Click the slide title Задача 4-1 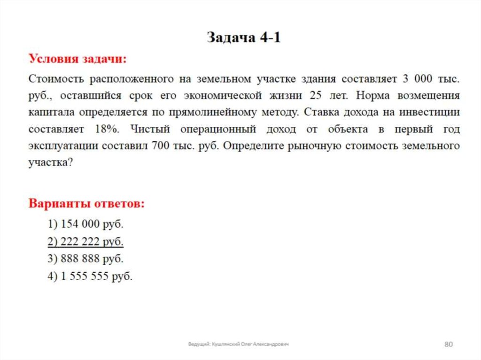click(244, 38)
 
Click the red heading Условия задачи click(78, 59)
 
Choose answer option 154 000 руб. click(85, 224)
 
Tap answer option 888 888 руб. click(85, 259)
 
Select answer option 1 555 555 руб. click(90, 276)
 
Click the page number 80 click(448, 345)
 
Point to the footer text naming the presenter click(238, 345)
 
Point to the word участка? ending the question click(50, 162)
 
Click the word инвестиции click(430, 112)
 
